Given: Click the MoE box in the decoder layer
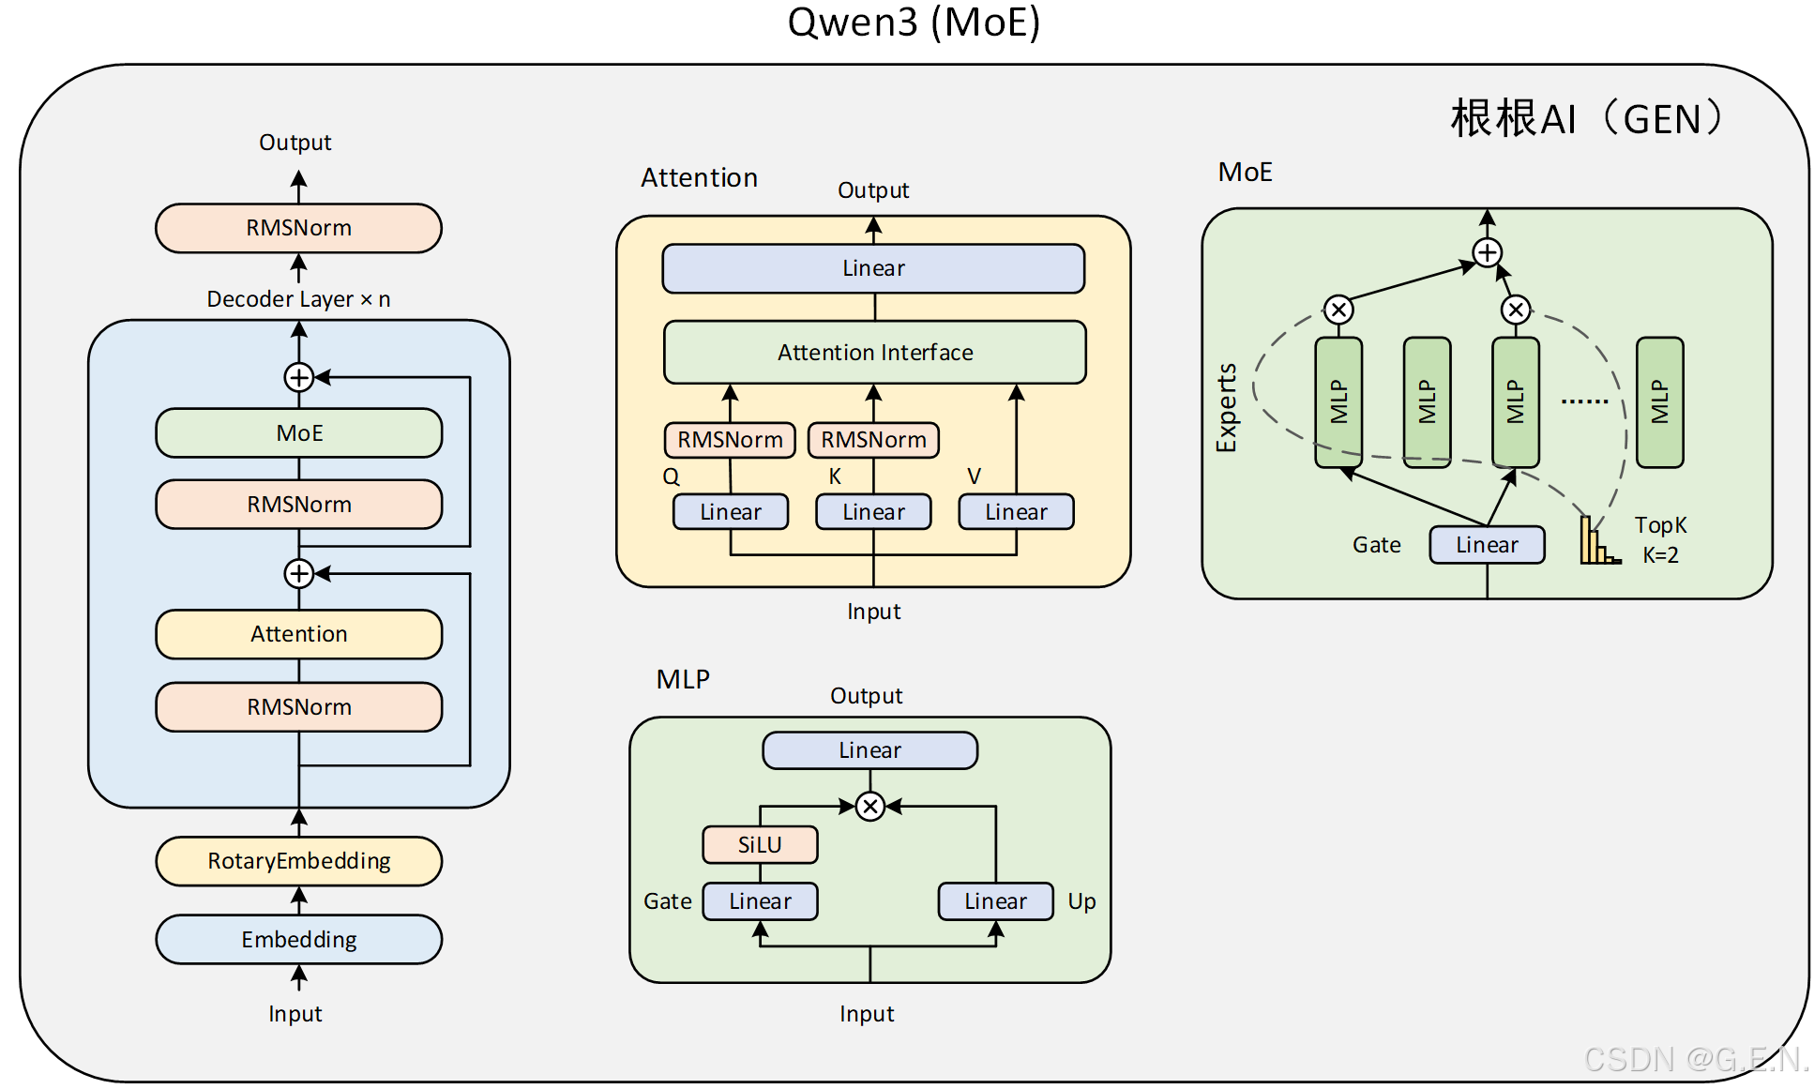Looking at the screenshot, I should pyautogui.click(x=298, y=432).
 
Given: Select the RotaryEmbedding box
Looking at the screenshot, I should pyautogui.click(x=298, y=860).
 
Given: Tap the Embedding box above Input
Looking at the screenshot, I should pyautogui.click(x=298, y=939).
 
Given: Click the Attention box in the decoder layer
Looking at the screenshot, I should pyautogui.click(x=298, y=634).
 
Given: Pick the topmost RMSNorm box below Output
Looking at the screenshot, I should pyautogui.click(x=298, y=228).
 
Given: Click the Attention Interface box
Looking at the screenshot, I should pyautogui.click(x=874, y=352).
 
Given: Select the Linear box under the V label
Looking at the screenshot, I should pyautogui.click(x=1016, y=512).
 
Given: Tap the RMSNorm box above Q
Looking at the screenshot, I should pyautogui.click(x=730, y=440).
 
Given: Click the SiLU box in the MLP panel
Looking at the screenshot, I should pyautogui.click(x=760, y=844).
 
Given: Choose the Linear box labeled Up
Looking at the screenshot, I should pyautogui.click(x=995, y=901).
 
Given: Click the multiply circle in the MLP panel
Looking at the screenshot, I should pyautogui.click(x=870, y=806).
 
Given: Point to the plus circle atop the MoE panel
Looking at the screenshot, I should pyautogui.click(x=1487, y=252).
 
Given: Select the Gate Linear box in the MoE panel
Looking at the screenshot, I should pyautogui.click(x=1487, y=545).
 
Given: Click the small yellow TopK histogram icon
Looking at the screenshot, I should pyautogui.click(x=1597, y=543).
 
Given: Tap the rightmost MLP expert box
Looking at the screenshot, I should pyautogui.click(x=1659, y=401).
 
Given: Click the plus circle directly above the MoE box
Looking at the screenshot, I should pyautogui.click(x=298, y=377).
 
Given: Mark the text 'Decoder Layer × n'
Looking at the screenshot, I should pyautogui.click(x=298, y=299).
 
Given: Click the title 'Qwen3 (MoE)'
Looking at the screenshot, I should pyautogui.click(x=914, y=23).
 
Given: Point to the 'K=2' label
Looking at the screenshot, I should pyautogui.click(x=1660, y=555).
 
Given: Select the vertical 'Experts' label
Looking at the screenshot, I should pyautogui.click(x=1227, y=407).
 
